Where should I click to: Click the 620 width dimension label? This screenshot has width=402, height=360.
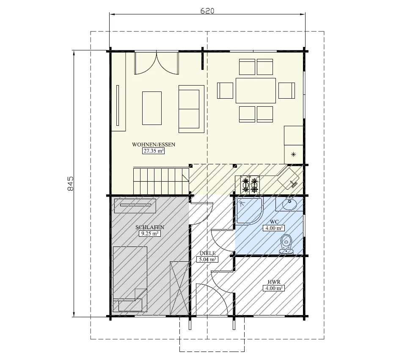207,11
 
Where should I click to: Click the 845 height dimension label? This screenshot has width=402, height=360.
71,183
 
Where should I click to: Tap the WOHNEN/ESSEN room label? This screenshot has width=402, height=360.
153,144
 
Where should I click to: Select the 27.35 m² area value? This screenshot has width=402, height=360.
153,150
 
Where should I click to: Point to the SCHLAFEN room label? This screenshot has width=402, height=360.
150,227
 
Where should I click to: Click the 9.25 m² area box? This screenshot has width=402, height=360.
149,233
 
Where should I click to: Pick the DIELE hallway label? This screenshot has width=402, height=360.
208,253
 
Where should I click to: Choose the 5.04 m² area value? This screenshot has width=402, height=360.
208,259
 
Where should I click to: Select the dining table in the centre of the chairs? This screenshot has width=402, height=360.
256,90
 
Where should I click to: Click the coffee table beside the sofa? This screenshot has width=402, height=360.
152,108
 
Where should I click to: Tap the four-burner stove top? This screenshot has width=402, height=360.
250,185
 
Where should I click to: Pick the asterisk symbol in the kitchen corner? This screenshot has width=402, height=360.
294,154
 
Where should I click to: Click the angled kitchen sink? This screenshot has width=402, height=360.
289,177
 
